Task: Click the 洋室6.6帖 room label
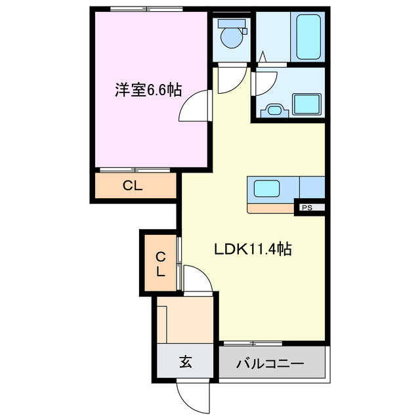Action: (x=148, y=90)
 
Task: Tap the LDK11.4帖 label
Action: (x=253, y=249)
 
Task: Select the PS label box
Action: (x=306, y=208)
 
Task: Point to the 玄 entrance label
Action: (x=186, y=362)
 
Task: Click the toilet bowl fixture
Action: (x=231, y=36)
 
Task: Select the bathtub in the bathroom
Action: (x=308, y=35)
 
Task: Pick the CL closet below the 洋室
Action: (x=133, y=186)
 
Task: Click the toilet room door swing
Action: (x=229, y=81)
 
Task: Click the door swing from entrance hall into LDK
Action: (x=198, y=279)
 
